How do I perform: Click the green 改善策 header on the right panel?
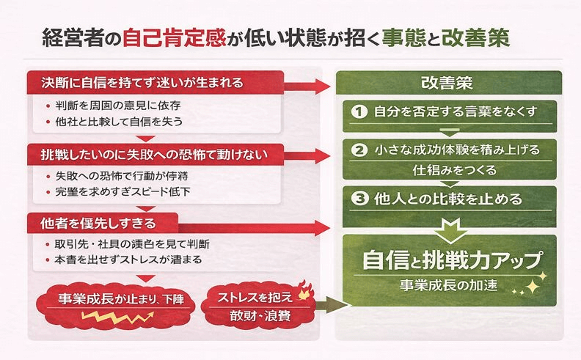[450, 82]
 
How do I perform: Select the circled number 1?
[359, 111]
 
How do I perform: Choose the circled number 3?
[359, 198]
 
